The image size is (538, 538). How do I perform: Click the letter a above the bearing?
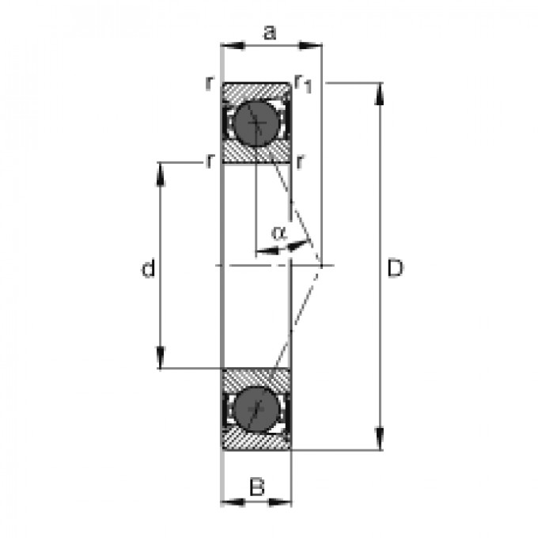(271, 32)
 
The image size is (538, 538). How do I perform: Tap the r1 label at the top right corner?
(302, 82)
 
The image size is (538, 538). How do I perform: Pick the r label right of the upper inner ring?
(301, 162)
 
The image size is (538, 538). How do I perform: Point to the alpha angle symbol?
(278, 233)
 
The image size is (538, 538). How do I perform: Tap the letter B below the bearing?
(256, 487)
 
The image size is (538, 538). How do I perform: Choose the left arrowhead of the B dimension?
(229, 501)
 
